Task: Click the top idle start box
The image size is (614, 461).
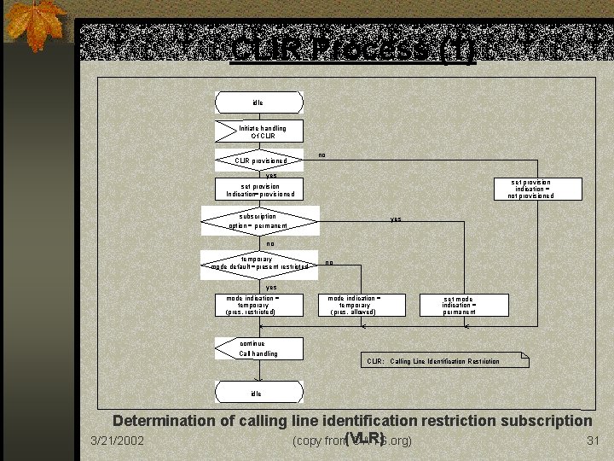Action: point(258,102)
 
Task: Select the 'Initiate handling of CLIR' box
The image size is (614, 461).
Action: point(259,131)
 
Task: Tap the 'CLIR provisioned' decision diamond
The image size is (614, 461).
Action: point(259,160)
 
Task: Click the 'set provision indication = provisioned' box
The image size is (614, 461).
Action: point(259,190)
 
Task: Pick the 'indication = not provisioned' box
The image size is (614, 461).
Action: point(530,189)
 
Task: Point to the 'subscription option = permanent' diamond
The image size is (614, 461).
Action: point(259,221)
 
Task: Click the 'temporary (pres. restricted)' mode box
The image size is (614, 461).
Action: point(259,305)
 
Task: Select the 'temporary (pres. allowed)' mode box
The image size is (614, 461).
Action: point(353,305)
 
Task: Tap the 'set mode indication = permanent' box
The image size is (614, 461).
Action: point(464,305)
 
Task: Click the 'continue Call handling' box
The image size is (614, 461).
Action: point(259,348)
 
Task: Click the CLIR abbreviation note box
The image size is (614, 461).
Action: point(443,361)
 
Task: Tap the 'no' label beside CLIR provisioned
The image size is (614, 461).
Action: point(322,155)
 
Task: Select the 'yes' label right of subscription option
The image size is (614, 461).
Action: point(396,219)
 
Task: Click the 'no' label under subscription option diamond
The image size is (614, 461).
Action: point(269,243)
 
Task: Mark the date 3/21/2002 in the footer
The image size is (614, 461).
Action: point(117,441)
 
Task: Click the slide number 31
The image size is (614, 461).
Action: point(594,441)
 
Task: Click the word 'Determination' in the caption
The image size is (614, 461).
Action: point(163,421)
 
